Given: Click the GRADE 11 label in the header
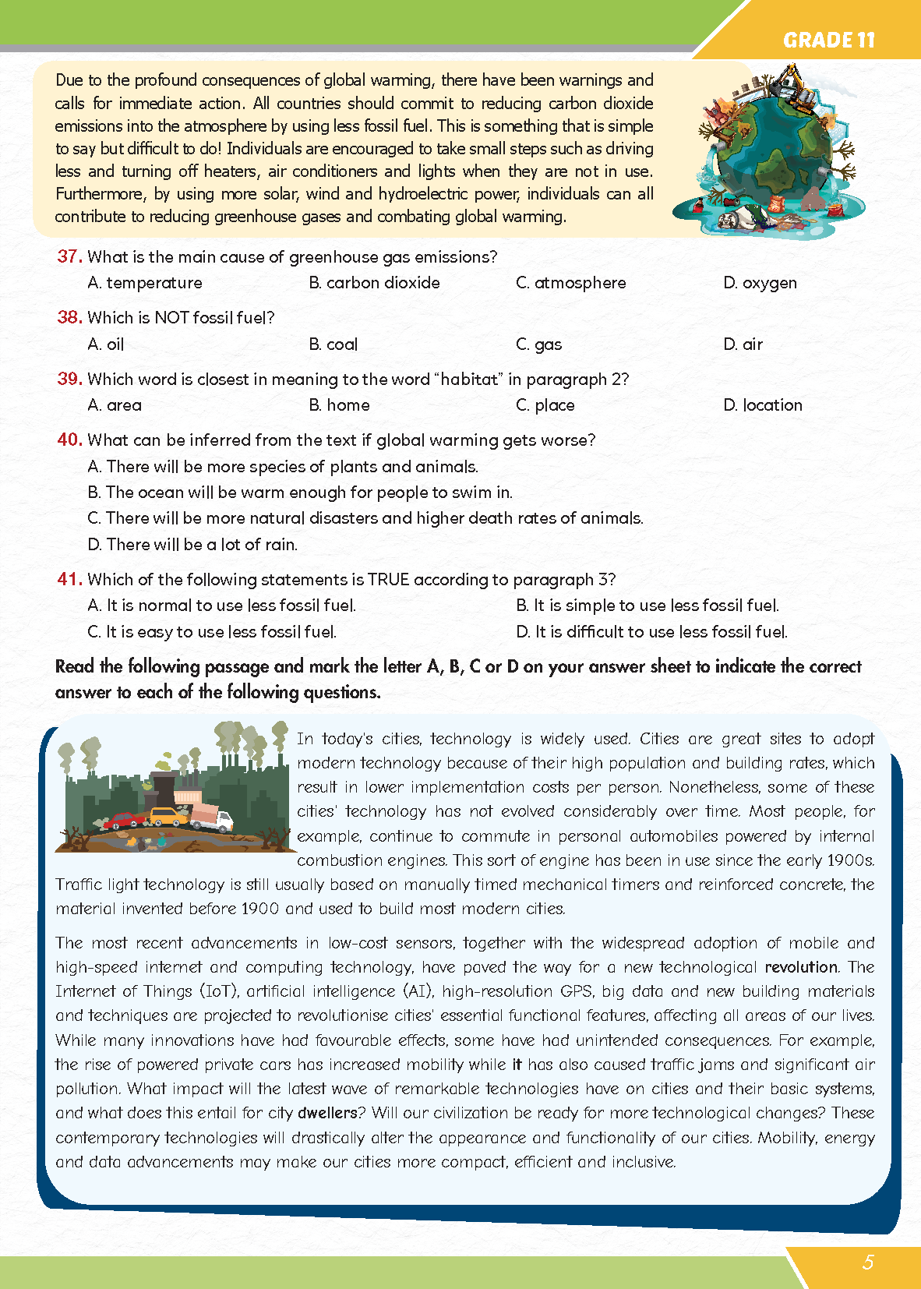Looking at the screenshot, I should coord(828,40).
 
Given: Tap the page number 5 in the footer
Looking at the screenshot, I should coord(868,1262).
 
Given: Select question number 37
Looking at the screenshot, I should coord(69,256).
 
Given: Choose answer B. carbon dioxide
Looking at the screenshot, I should coord(374,283).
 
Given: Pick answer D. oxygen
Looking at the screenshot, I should coord(760,283).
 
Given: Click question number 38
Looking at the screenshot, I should coord(69,317).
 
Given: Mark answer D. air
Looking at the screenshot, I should coord(743,344).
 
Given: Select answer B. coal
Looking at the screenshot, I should coord(333,344).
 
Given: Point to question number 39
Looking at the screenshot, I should coord(69,379).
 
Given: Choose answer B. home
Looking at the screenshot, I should coord(339,405).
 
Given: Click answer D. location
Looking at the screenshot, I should coord(762,405).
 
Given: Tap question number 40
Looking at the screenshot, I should coord(69,440).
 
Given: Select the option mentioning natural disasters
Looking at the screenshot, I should coord(365,518).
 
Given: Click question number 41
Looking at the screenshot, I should coord(69,579).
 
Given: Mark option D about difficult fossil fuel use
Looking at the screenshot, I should coord(651,632).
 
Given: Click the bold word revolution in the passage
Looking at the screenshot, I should coord(801,967).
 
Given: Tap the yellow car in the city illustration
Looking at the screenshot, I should coord(165,816).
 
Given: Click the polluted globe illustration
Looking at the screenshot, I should coord(767,152).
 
